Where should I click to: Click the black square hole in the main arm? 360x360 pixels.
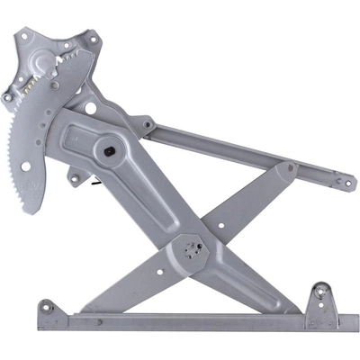coord(110,152)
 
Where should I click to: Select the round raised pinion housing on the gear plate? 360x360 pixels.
coord(44,64)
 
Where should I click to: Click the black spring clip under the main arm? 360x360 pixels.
coord(94,184)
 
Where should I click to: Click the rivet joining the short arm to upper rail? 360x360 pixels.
coord(291,168)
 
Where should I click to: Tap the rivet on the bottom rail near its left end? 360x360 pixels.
coord(69,315)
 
